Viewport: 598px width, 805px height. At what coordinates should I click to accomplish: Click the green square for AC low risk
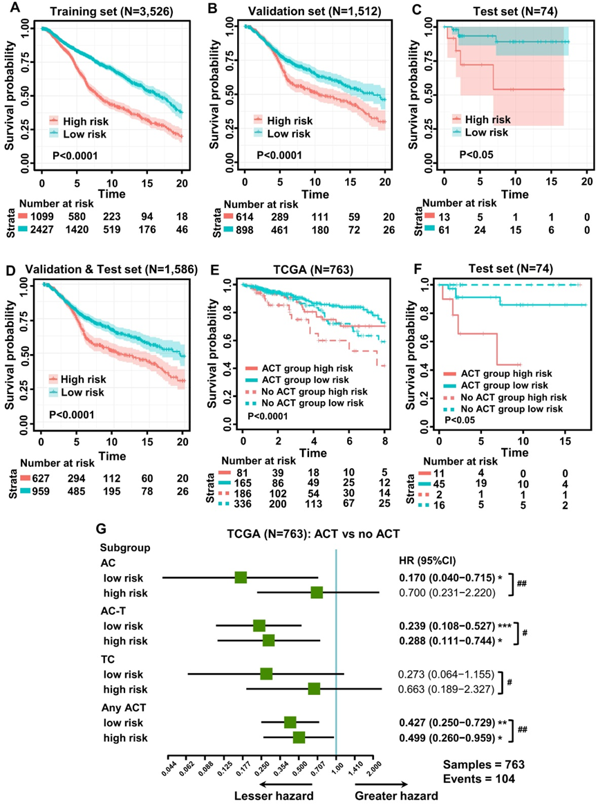(x=241, y=577)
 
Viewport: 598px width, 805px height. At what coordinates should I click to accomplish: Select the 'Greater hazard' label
(x=396, y=796)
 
